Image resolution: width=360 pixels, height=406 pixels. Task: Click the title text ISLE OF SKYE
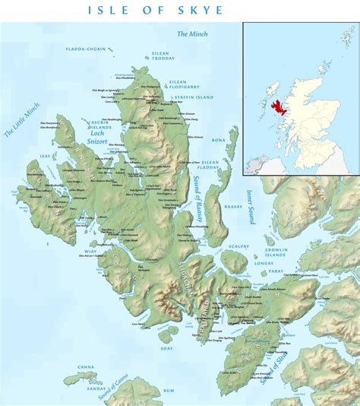click(156, 11)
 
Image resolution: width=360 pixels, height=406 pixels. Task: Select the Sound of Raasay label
click(198, 198)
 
